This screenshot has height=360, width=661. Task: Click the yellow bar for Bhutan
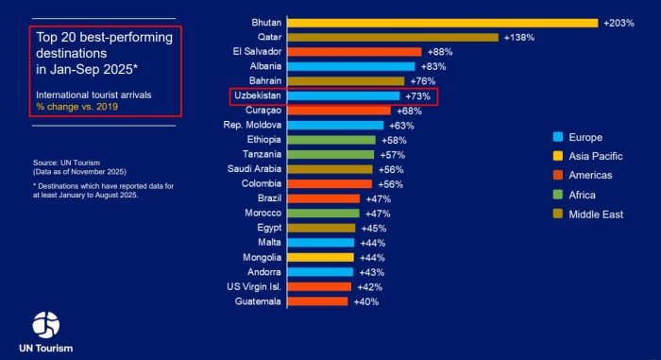[442, 22]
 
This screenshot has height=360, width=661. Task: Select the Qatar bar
[392, 37]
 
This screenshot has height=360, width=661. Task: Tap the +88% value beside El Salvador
[441, 51]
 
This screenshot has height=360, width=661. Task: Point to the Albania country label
[262, 66]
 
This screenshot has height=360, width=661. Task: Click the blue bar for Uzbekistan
[343, 96]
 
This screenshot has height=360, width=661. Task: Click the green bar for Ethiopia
[330, 140]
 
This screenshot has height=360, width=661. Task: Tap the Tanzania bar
[330, 154]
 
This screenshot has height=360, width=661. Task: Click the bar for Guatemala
[317, 301]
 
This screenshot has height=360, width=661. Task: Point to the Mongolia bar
[320, 257]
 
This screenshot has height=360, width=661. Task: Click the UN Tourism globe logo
[45, 324]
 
